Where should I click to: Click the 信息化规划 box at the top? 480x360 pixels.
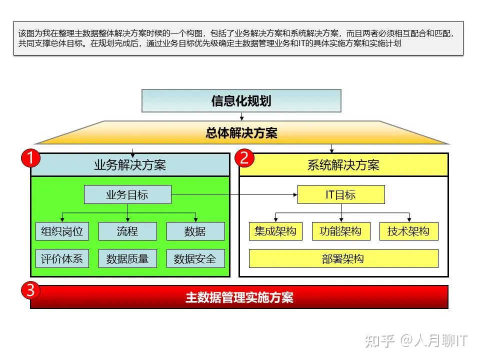pyautogui.click(x=241, y=100)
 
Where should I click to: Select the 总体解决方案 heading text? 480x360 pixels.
pyautogui.click(x=241, y=133)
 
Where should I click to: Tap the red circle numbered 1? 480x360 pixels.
pyautogui.click(x=30, y=159)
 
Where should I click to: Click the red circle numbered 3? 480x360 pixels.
pyautogui.click(x=30, y=290)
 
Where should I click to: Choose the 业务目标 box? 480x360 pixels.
pyautogui.click(x=127, y=194)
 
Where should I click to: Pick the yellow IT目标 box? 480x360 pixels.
pyautogui.click(x=341, y=194)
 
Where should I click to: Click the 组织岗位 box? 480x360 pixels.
pyautogui.click(x=62, y=231)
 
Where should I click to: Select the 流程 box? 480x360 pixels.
pyautogui.click(x=127, y=231)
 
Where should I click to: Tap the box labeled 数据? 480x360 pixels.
pyautogui.click(x=195, y=231)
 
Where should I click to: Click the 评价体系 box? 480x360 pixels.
pyautogui.click(x=62, y=258)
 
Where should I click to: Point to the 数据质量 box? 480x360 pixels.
pyautogui.click(x=127, y=258)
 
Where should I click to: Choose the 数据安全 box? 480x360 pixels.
pyautogui.click(x=195, y=258)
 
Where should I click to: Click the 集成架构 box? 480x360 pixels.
pyautogui.click(x=275, y=231)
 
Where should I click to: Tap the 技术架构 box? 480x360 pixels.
pyautogui.click(x=408, y=231)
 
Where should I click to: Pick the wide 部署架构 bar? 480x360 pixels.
pyautogui.click(x=343, y=258)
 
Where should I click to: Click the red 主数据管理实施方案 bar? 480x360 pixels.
pyautogui.click(x=239, y=297)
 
